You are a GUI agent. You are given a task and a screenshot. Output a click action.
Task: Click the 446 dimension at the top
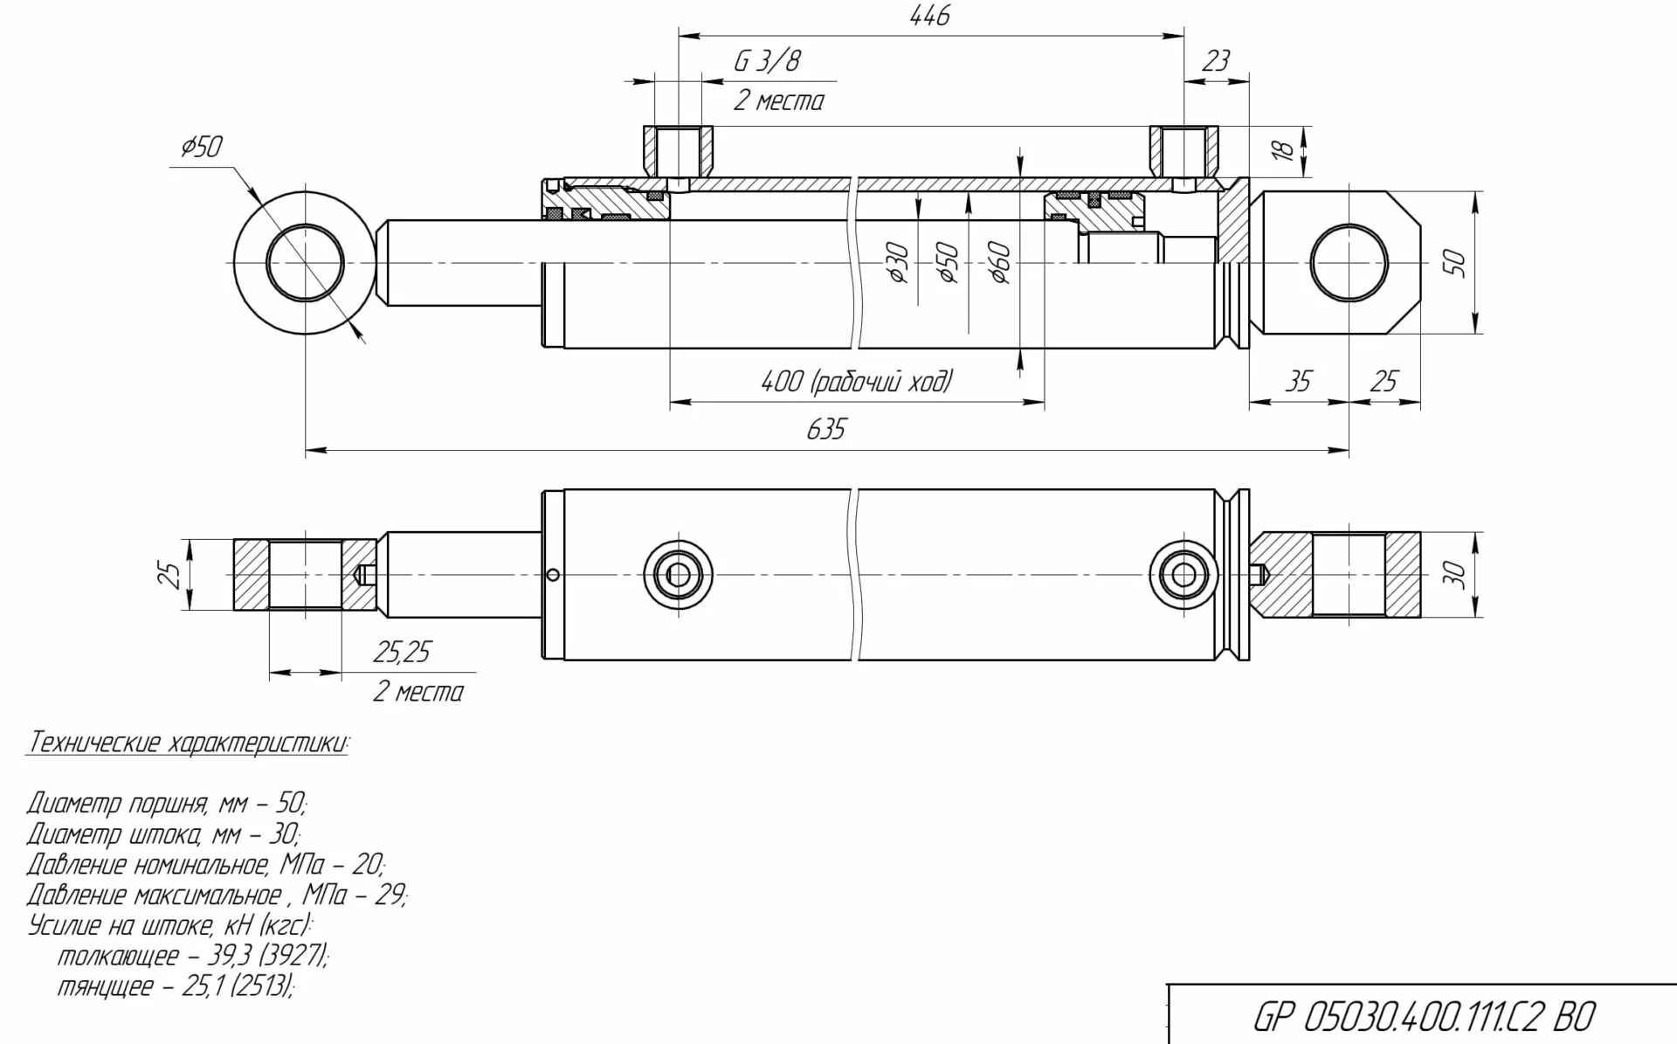click(x=929, y=17)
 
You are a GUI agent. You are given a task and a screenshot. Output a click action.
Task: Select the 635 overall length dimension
click(x=825, y=430)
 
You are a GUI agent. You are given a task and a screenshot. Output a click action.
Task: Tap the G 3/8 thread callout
click(x=767, y=61)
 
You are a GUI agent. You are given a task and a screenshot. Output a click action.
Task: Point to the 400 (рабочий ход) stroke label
click(x=856, y=382)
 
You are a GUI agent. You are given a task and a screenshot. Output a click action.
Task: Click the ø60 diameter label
click(x=1000, y=263)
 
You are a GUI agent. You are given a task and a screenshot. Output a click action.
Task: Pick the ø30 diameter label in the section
click(x=900, y=263)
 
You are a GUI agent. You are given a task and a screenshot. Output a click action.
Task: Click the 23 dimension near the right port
click(x=1215, y=61)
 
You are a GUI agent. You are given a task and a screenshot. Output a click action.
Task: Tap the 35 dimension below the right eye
click(x=1298, y=382)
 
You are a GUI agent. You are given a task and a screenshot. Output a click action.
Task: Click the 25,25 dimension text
click(x=401, y=653)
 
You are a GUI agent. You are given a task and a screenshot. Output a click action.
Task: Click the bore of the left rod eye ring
click(x=305, y=263)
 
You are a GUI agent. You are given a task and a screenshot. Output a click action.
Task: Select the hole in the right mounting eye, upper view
click(x=1349, y=263)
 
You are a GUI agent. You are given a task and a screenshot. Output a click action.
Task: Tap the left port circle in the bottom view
click(x=678, y=575)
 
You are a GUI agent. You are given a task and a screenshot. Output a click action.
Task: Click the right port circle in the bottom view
click(x=1184, y=575)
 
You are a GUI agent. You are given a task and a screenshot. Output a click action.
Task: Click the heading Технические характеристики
click(x=188, y=743)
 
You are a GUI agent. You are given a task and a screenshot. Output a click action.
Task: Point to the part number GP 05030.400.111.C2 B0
click(x=1423, y=1017)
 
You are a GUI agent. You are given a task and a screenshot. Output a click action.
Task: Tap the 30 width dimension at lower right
click(x=1455, y=575)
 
